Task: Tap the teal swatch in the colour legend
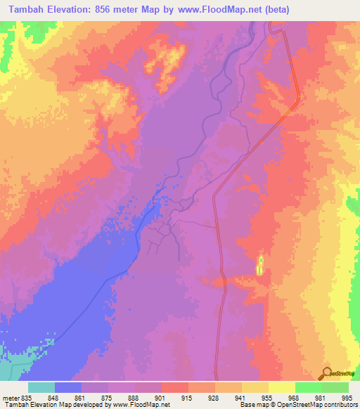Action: (41, 388)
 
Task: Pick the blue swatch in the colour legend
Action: (68, 388)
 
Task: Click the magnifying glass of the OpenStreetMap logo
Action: (326, 372)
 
